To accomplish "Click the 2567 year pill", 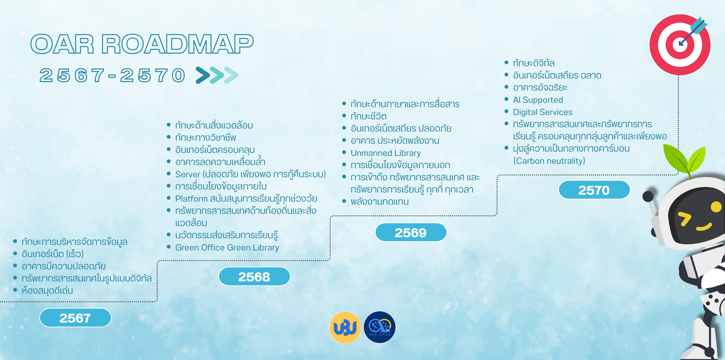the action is click(75, 318).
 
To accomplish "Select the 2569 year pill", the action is click(411, 232).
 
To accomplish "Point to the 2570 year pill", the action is click(594, 190).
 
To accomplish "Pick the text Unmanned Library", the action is click(386, 153).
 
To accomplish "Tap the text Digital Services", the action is click(543, 112).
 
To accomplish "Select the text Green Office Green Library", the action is click(227, 248).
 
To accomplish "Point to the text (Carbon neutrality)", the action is click(549, 161).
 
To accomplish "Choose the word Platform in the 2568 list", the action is click(191, 199).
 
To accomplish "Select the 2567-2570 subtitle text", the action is click(112, 75).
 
